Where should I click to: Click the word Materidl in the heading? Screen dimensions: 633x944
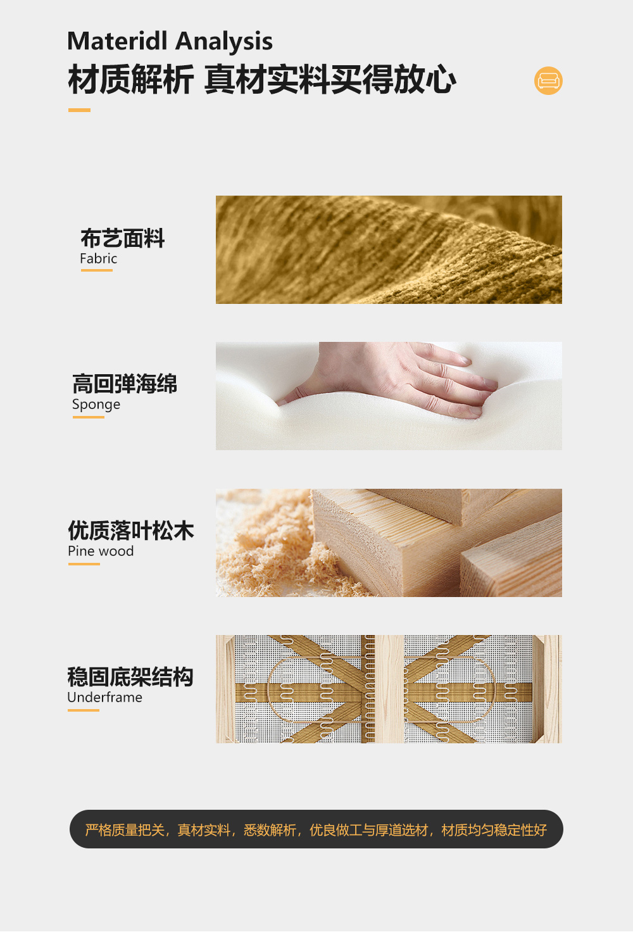(x=118, y=41)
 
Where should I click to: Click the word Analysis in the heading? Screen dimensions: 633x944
(x=224, y=42)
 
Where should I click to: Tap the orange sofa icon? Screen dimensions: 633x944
(x=548, y=80)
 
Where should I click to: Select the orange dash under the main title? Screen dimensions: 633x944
(x=79, y=110)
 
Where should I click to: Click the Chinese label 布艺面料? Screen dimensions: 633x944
(x=122, y=238)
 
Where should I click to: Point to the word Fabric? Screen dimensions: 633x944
(x=98, y=258)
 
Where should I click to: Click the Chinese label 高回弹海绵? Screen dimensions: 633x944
(x=124, y=384)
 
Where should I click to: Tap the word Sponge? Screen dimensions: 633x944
(x=96, y=405)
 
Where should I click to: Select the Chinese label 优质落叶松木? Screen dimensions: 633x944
(x=130, y=530)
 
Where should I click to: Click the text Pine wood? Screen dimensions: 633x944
(x=101, y=551)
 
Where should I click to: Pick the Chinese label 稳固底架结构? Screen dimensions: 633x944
(x=130, y=676)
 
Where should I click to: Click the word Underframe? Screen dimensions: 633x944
(x=105, y=697)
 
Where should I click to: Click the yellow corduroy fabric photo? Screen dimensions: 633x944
(x=389, y=249)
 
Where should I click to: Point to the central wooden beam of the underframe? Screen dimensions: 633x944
(x=389, y=689)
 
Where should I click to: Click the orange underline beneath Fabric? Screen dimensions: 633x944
(x=96, y=270)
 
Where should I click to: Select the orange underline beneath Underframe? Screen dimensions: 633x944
(x=84, y=710)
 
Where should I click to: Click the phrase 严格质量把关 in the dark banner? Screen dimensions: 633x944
(x=125, y=830)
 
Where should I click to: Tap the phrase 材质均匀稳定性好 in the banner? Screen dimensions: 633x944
(x=494, y=830)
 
